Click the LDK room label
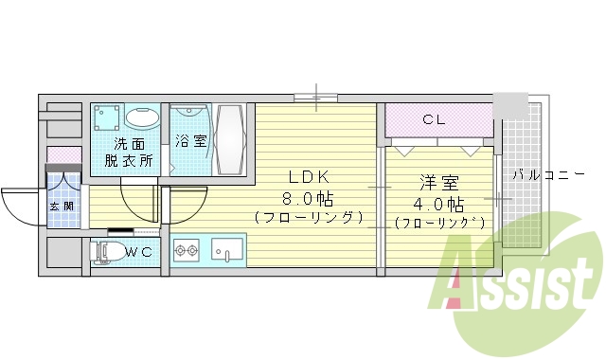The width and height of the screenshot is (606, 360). (x=310, y=177)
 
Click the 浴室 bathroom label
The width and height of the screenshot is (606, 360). (x=190, y=142)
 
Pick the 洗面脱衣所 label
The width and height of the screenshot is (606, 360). (x=134, y=152)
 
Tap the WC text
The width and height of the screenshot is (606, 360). (x=138, y=252)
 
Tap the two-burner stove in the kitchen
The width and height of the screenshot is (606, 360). (x=186, y=251)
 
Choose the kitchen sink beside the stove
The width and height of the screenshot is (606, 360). (x=227, y=251)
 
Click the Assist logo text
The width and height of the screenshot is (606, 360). (x=515, y=279)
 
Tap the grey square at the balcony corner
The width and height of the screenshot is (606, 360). (x=511, y=105)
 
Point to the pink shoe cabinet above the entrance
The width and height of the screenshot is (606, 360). (x=64, y=154)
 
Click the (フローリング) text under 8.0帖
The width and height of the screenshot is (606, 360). (x=310, y=218)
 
